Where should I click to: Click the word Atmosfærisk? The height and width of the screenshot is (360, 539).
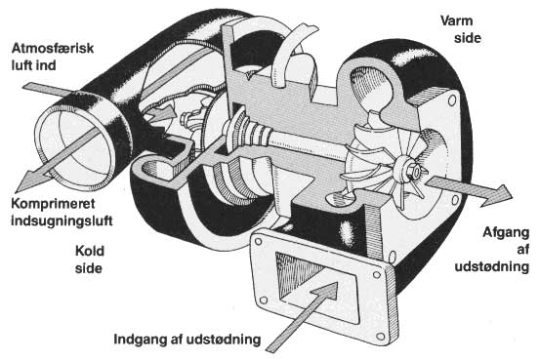tap(53, 48)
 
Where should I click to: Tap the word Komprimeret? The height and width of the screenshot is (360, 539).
tap(53, 204)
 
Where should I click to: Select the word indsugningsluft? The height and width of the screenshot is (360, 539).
tap(62, 220)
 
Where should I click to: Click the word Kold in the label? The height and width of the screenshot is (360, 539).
tap(90, 251)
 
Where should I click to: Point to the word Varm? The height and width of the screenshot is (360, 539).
tap(457, 20)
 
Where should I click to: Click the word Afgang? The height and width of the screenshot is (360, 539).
tap(506, 232)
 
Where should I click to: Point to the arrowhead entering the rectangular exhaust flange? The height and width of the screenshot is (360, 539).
tap(326, 292)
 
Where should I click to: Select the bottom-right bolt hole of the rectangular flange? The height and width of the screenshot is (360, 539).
tap(380, 337)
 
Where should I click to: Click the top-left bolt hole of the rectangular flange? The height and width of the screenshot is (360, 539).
tap(258, 242)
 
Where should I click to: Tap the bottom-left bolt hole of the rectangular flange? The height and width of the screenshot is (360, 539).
tap(264, 300)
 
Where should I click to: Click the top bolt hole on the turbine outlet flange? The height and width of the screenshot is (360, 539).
tap(452, 100)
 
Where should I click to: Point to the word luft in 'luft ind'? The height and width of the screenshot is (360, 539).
tap(22, 65)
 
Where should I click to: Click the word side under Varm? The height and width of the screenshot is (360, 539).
tap(468, 37)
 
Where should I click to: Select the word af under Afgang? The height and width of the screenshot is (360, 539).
tap(522, 250)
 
